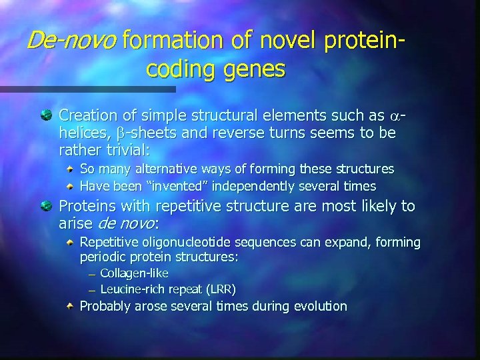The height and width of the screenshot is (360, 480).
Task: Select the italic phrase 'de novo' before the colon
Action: pos(126,223)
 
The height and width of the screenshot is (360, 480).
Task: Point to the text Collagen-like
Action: pos(134,273)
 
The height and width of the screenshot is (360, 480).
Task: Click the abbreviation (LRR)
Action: pos(219,289)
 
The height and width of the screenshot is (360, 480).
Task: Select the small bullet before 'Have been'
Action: pos(70,186)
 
